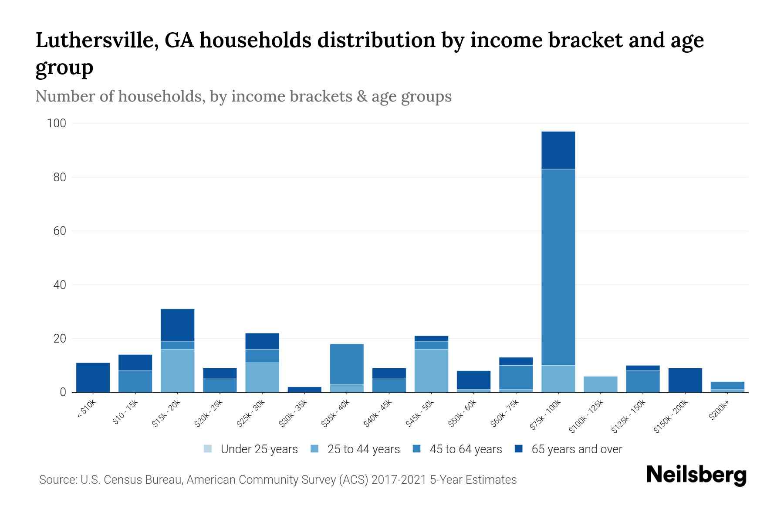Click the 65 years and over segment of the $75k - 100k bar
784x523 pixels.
558,150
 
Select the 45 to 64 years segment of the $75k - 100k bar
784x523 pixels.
558,267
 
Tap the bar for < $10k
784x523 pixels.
93,377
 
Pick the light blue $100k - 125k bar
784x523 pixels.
600,384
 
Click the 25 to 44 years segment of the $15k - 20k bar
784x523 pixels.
177,370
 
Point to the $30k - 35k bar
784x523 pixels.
304,389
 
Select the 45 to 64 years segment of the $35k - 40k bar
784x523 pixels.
347,364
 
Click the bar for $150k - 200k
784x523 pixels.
685,380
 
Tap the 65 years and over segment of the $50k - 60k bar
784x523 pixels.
473,380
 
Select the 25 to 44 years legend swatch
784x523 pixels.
314,449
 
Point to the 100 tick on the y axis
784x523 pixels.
56,123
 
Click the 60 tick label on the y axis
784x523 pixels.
60,231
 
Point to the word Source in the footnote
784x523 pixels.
57,480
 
